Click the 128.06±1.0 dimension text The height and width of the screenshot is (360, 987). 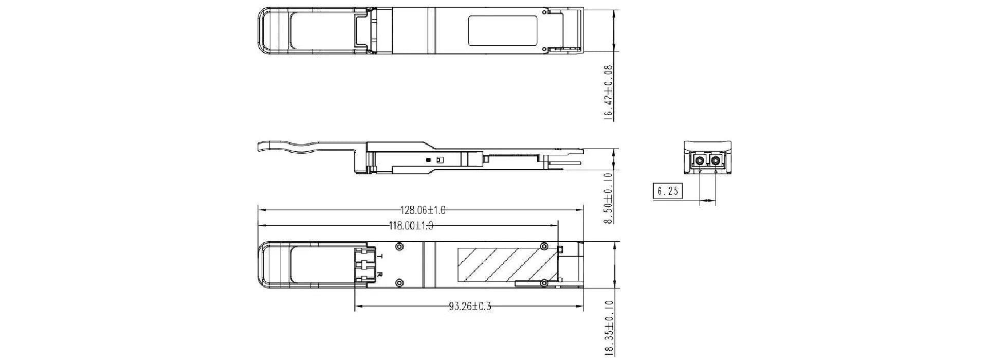(x=423, y=210)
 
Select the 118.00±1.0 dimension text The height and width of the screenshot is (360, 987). (x=411, y=226)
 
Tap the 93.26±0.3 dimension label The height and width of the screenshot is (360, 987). (x=470, y=307)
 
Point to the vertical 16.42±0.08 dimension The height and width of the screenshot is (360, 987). (x=609, y=93)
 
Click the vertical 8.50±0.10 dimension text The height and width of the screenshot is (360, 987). (x=609, y=198)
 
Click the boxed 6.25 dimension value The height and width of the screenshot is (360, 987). (x=668, y=191)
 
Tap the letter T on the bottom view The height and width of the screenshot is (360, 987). (x=380, y=256)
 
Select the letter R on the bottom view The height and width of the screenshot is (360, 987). (x=380, y=274)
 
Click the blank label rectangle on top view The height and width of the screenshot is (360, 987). (x=503, y=30)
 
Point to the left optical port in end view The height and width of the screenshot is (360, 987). (x=700, y=161)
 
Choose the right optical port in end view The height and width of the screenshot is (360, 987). (x=715, y=161)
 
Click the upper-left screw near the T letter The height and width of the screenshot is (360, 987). (x=399, y=247)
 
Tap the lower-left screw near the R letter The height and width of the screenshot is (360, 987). (x=399, y=282)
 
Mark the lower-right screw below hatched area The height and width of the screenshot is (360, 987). (x=543, y=282)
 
